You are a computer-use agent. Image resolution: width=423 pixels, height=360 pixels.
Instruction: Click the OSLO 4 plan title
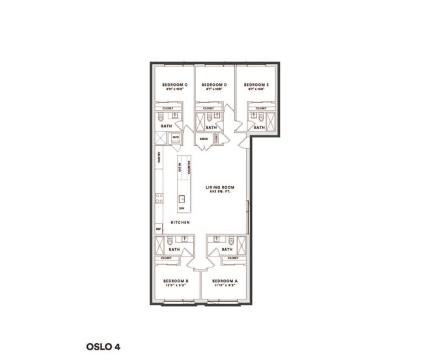(103, 347)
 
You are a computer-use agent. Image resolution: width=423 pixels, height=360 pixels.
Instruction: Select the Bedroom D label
(214, 85)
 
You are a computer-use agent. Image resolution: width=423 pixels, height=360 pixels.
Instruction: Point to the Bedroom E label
(256, 85)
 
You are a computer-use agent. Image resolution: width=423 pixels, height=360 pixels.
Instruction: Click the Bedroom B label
(175, 281)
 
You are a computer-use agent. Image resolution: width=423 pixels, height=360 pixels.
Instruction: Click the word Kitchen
(180, 223)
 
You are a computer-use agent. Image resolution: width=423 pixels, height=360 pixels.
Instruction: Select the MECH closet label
(204, 139)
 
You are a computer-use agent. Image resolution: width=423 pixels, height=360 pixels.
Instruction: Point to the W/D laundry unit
(176, 138)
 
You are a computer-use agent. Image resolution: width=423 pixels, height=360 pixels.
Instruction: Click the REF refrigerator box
(158, 229)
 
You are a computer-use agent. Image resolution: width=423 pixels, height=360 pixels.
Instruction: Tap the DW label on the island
(182, 208)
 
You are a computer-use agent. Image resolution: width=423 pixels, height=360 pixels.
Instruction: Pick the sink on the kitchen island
(182, 199)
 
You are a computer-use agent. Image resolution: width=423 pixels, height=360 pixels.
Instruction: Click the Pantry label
(158, 157)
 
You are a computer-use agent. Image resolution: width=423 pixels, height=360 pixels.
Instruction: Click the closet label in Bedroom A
(233, 258)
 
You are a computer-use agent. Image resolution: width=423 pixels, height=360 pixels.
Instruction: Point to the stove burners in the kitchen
(158, 197)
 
